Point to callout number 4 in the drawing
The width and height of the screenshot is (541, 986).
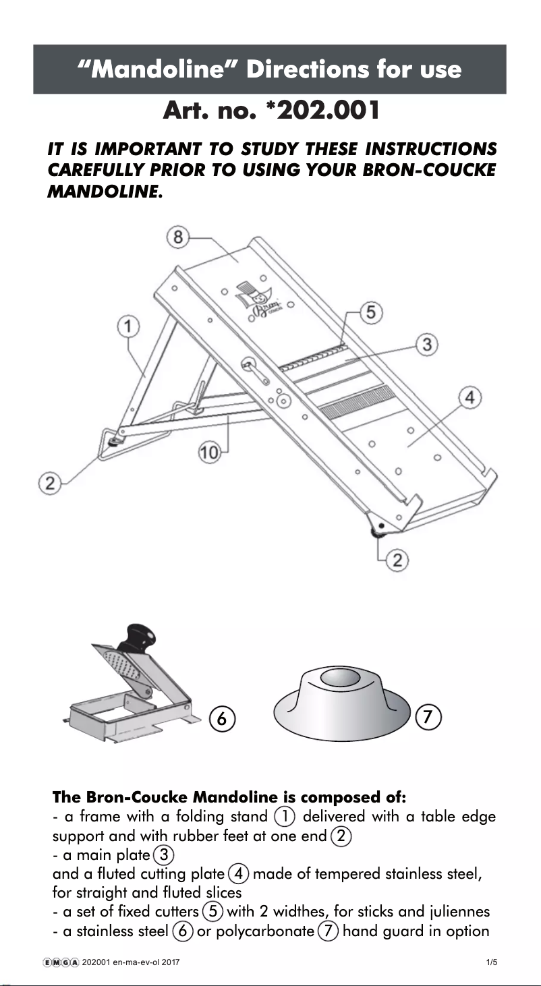(470, 399)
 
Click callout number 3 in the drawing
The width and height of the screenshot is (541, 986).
(426, 345)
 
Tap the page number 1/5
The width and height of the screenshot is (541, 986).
(491, 962)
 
